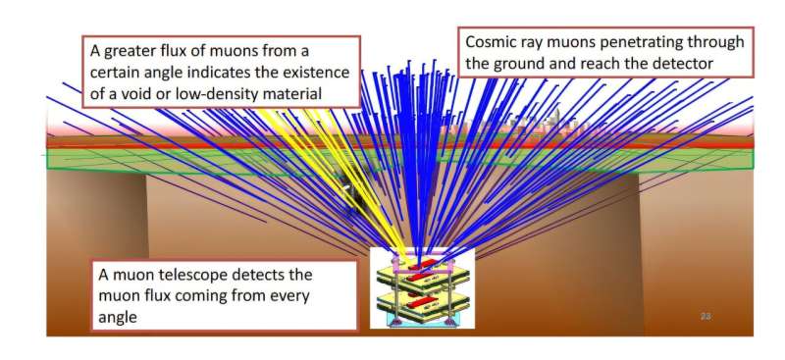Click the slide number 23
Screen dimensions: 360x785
706,317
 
